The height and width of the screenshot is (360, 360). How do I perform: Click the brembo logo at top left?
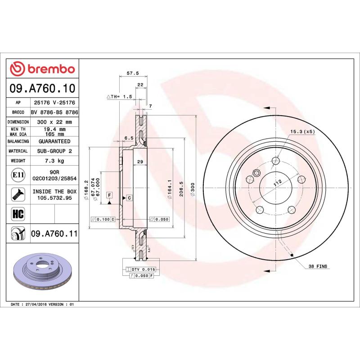[42, 69]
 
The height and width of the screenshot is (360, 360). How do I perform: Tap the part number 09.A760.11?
[54, 234]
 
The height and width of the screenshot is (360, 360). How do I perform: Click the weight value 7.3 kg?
[54, 161]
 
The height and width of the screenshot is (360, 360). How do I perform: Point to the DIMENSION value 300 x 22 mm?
[54, 122]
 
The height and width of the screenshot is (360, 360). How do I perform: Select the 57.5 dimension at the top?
[132, 73]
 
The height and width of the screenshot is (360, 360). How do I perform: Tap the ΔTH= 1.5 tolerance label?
[119, 97]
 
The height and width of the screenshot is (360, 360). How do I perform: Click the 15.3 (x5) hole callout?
[302, 131]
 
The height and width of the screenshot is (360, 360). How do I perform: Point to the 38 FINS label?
[318, 266]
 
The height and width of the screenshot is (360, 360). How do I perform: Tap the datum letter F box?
[109, 194]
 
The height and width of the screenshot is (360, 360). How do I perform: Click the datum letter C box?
[129, 198]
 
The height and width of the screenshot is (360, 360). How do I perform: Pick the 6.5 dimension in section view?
[129, 138]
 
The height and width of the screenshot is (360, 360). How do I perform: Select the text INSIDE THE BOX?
[54, 191]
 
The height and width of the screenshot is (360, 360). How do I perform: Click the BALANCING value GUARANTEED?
[54, 141]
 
